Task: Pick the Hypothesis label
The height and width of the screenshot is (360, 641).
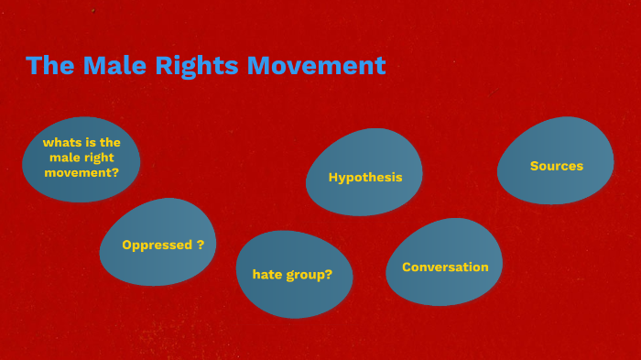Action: point(365,177)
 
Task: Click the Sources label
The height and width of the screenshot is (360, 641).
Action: point(557,166)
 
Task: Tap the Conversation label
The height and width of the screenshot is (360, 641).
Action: point(445,267)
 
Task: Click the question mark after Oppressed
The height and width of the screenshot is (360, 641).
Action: point(201,245)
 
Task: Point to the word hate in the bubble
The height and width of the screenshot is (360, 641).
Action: point(267,274)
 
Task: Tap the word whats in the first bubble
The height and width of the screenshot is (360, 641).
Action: point(60,142)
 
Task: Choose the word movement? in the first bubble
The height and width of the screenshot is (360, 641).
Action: point(81,171)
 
